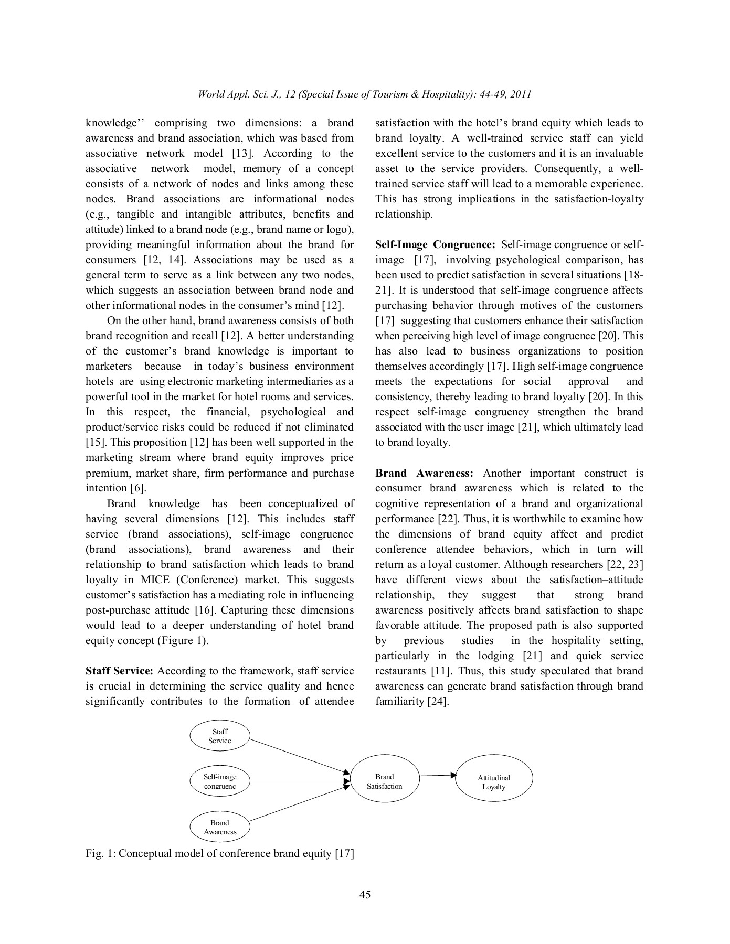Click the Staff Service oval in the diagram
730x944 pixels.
click(219, 736)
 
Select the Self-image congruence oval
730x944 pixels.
click(219, 781)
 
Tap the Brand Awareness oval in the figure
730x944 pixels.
click(219, 827)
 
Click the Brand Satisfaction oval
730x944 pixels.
click(384, 781)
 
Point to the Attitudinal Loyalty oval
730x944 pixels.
click(493, 782)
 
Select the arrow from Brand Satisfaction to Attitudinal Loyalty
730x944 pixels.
click(438, 775)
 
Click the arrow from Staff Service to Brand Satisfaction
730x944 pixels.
click(299, 756)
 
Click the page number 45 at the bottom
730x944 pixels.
click(365, 895)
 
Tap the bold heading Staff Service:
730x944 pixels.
click(119, 671)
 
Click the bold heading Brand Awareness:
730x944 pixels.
click(424, 473)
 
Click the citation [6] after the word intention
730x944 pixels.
click(137, 488)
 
